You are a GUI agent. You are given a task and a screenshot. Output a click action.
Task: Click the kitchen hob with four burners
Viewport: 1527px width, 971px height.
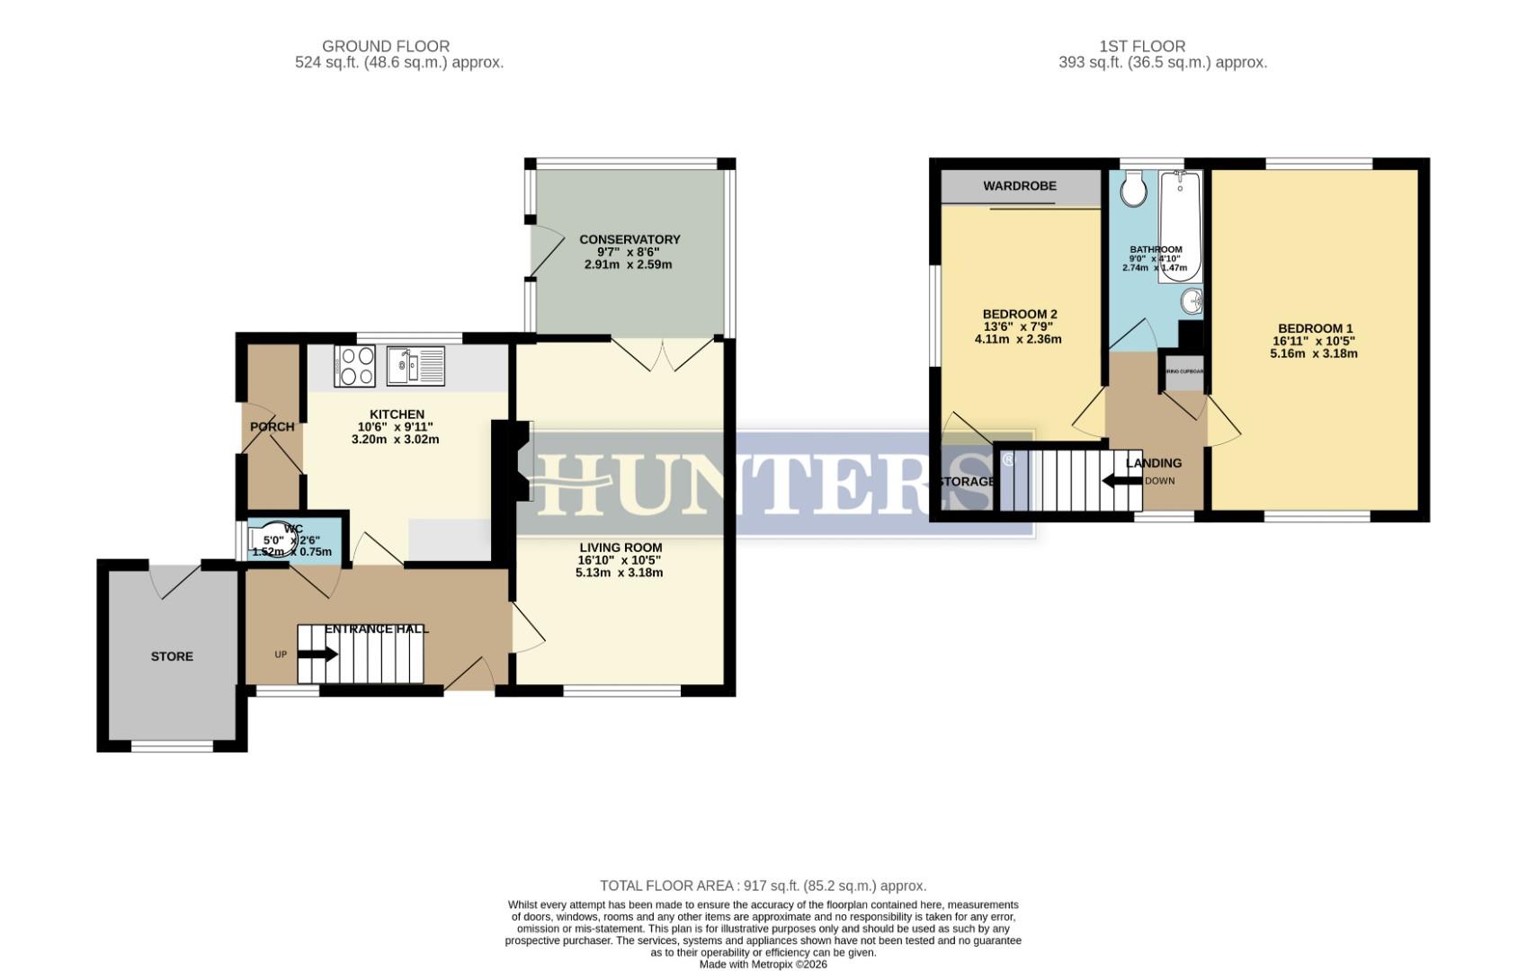[x=354, y=366]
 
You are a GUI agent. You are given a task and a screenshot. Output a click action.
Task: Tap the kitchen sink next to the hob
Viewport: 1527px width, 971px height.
[x=415, y=366]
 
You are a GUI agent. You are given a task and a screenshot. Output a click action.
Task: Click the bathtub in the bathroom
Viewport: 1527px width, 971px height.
[x=1180, y=227]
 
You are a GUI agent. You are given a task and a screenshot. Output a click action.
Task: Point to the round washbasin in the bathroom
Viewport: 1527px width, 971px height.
[x=1192, y=301]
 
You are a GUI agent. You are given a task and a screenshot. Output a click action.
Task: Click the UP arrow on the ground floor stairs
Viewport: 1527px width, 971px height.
[x=317, y=655]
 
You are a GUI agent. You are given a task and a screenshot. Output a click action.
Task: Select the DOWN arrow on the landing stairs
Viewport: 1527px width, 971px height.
[x=1121, y=481]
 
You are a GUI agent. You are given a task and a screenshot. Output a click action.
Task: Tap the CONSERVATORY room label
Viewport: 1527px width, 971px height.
[x=629, y=239]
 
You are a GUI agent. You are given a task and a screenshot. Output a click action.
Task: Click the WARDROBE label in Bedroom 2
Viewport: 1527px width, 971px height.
[x=1019, y=186]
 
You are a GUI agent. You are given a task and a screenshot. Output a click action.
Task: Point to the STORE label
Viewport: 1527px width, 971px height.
[x=172, y=656]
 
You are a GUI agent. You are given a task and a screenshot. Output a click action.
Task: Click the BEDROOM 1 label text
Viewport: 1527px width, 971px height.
[x=1315, y=328]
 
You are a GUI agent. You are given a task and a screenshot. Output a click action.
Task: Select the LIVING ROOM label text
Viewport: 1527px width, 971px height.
[x=620, y=547]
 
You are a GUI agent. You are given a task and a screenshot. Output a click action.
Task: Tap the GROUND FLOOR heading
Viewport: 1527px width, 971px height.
[x=385, y=46]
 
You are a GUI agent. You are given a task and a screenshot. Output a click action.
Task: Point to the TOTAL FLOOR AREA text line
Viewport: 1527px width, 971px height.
[x=763, y=886]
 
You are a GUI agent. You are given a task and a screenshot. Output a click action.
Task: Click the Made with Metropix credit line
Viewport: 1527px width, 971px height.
[x=763, y=964]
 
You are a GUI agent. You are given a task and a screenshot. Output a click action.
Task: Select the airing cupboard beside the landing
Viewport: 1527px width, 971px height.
[x=1183, y=372]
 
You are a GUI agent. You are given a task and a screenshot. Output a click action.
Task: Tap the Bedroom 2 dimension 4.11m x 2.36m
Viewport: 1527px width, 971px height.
[x=1018, y=339]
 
